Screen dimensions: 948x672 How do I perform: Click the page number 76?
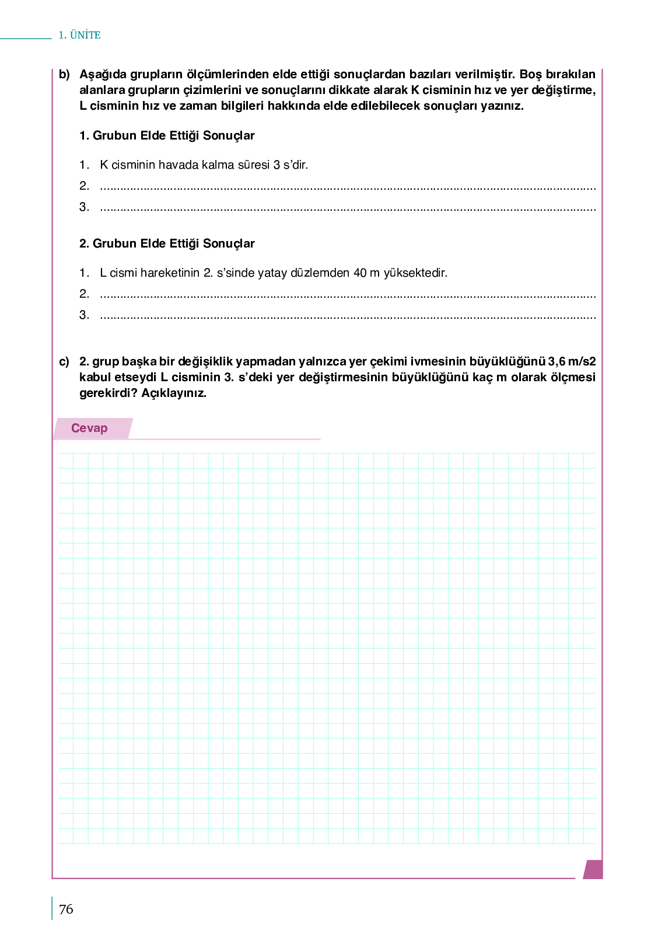point(66,909)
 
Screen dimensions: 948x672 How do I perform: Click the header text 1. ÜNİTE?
point(79,35)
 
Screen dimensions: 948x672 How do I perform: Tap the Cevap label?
point(89,428)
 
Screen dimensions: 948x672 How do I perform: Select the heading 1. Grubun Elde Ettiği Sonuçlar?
point(167,135)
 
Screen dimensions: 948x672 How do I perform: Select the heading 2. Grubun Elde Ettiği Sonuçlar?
point(167,243)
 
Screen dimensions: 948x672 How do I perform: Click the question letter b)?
point(64,75)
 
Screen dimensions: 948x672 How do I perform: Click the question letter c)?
point(64,362)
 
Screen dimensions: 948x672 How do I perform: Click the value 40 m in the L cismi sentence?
point(366,273)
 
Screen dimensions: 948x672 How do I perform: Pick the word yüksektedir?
point(415,273)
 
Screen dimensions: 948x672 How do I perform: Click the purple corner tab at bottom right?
point(593,869)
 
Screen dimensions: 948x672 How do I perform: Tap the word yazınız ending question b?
point(502,106)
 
